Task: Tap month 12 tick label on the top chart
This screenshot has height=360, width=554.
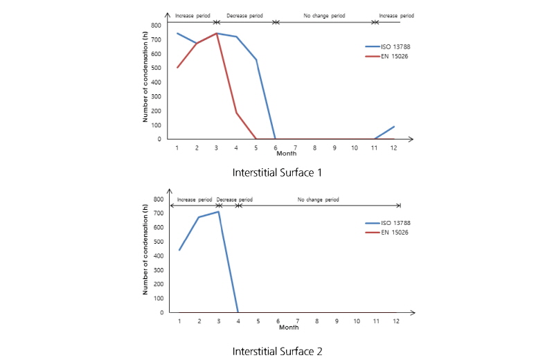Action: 393,147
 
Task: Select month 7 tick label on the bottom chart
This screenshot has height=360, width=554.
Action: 297,321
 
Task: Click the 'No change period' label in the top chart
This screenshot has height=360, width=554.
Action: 324,15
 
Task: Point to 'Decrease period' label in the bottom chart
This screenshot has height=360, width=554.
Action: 235,199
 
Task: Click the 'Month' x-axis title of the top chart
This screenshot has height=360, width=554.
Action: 286,153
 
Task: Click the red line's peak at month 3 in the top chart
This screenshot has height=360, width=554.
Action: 217,33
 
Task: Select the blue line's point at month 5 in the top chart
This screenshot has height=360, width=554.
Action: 256,60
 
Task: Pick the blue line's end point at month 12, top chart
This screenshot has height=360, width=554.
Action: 394,126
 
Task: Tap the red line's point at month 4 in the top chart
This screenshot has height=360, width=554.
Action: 236,112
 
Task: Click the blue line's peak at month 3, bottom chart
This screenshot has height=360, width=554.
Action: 218,211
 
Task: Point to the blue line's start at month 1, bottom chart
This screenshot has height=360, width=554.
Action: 179,250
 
